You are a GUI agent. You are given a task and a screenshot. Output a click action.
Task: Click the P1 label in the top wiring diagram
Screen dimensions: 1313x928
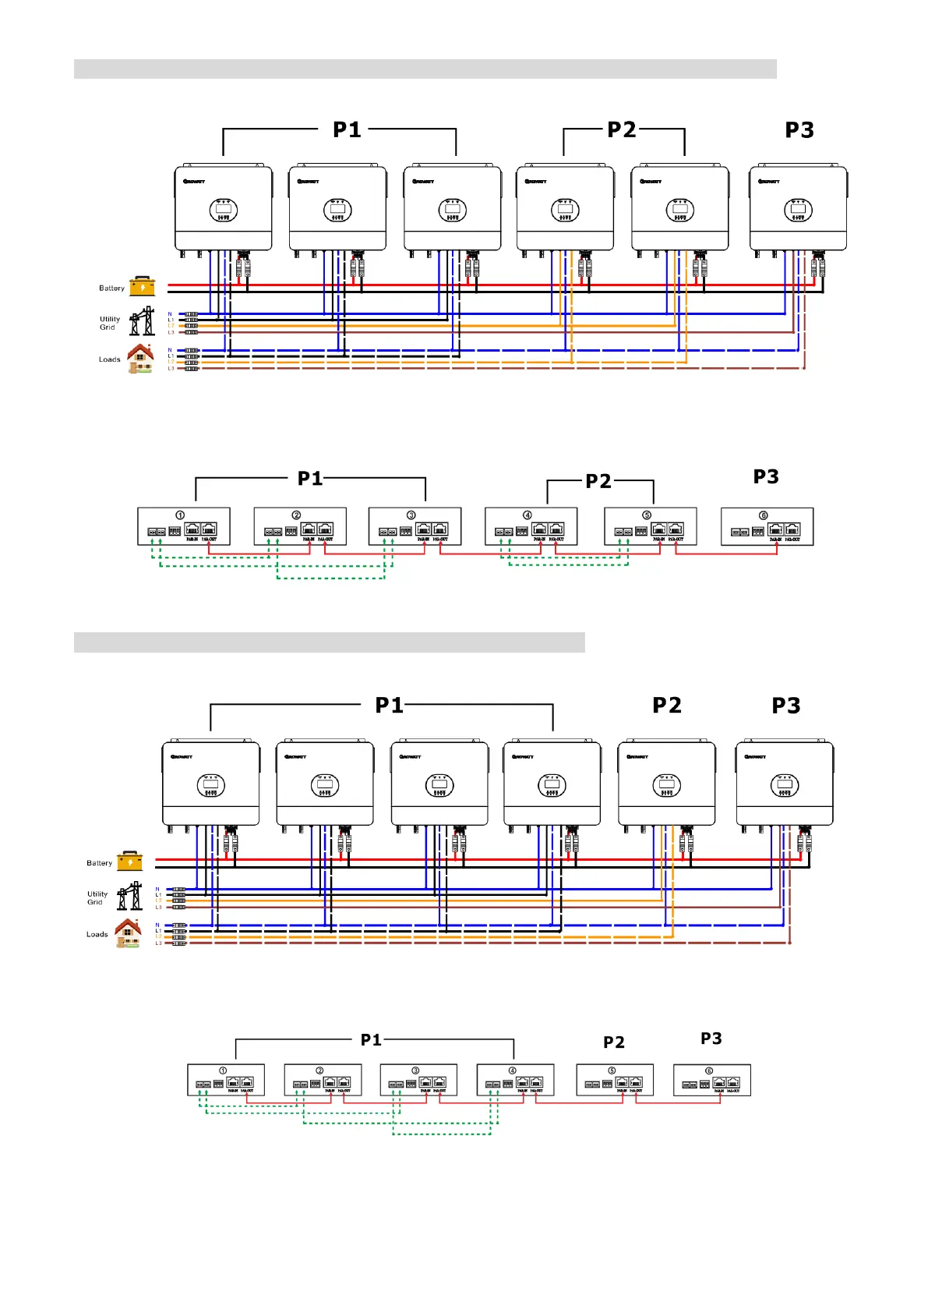coord(347,129)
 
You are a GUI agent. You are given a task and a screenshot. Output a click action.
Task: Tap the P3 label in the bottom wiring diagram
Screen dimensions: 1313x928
coord(785,706)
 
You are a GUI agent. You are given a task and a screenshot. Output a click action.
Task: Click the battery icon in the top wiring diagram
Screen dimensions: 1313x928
coord(143,287)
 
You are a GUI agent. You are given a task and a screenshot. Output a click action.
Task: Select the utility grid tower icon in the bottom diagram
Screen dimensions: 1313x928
coord(130,896)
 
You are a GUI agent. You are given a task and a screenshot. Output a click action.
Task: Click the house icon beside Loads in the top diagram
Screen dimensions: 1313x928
coord(140,358)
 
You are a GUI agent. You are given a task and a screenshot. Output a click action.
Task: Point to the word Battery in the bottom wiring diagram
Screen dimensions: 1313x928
coord(99,863)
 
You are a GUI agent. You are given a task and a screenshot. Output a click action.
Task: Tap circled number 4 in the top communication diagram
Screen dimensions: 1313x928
coord(528,515)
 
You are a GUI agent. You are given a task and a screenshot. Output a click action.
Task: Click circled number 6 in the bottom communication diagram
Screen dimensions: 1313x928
coord(708,1071)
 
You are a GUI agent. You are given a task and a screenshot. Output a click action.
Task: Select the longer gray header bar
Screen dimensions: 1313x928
coord(425,69)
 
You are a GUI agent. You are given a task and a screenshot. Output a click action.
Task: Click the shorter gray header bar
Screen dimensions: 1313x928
coord(329,642)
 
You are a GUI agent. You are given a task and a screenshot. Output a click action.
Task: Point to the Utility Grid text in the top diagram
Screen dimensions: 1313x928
coord(109,323)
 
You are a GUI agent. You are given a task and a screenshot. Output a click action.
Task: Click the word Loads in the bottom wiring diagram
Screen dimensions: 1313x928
coord(97,934)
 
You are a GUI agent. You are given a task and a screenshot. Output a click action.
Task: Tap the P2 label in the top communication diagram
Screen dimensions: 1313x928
coord(598,481)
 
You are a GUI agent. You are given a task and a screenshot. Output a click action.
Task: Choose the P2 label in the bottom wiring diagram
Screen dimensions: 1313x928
coord(666,706)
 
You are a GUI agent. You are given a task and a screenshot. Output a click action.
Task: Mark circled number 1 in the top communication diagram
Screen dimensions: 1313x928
coord(180,515)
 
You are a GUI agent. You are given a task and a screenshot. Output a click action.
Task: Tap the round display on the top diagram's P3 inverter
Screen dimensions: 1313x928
coord(798,210)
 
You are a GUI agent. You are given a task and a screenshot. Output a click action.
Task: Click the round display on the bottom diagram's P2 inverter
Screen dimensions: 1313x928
coord(666,785)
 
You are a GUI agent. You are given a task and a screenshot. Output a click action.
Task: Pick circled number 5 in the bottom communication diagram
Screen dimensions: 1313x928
coord(612,1071)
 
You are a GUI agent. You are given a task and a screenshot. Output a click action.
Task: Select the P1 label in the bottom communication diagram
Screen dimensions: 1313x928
coord(371,1040)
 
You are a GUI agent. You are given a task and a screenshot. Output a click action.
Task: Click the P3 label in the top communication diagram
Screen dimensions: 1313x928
coord(765,476)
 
